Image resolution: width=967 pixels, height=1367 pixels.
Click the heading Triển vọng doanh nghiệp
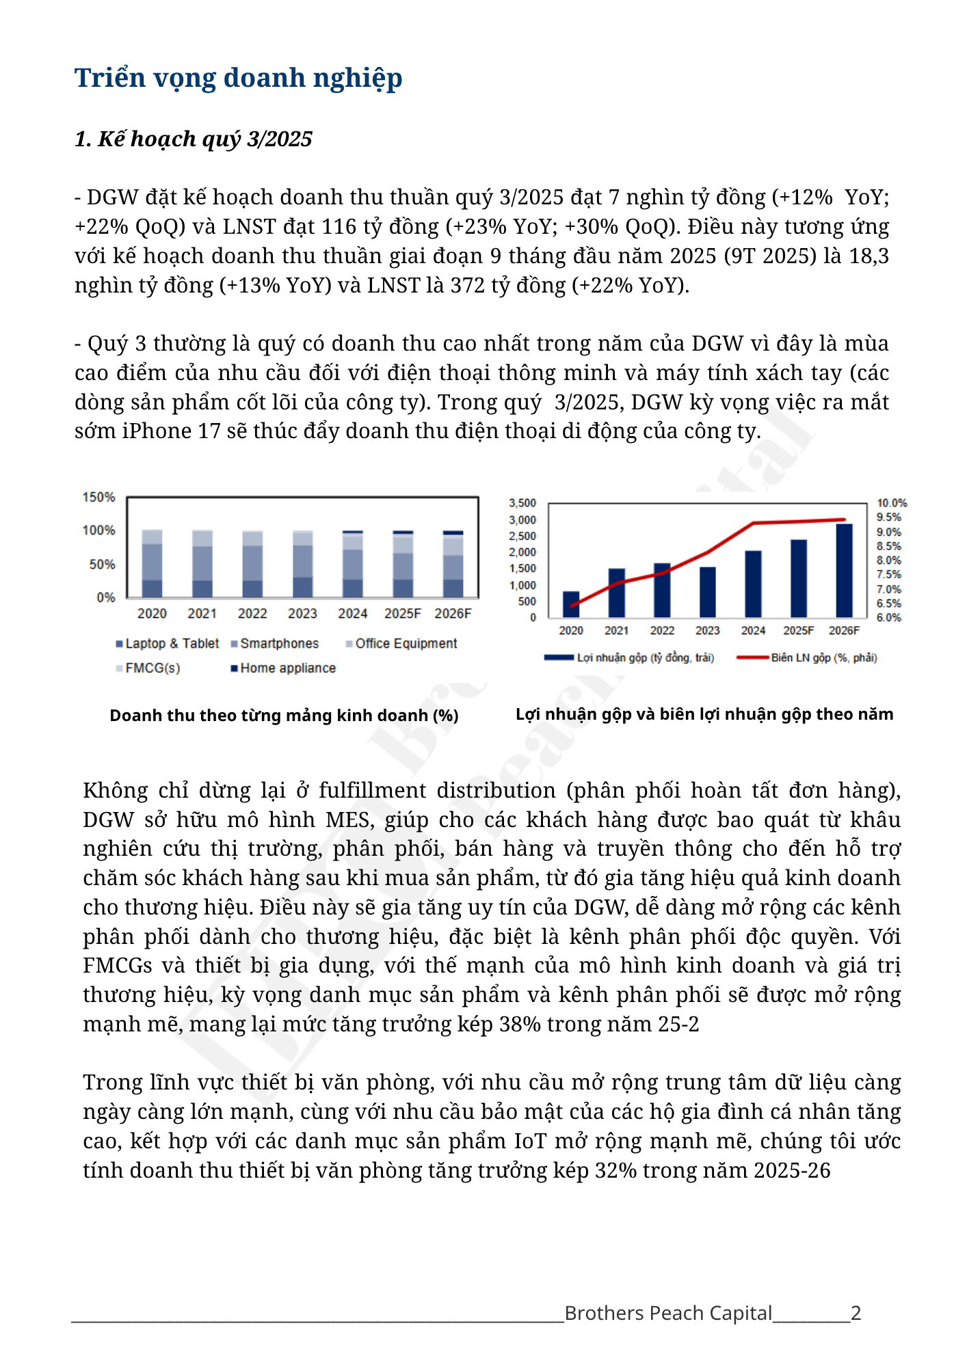(x=238, y=78)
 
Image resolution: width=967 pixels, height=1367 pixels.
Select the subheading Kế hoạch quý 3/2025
(x=194, y=139)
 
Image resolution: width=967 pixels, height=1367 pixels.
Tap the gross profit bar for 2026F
(x=844, y=571)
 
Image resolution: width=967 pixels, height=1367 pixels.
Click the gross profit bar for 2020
(x=571, y=604)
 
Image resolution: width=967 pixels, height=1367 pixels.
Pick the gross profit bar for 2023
(x=708, y=592)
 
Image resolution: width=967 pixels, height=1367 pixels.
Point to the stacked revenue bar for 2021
(x=202, y=564)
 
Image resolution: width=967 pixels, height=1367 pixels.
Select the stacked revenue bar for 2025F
(x=403, y=564)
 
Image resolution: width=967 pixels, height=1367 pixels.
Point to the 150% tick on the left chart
(x=98, y=498)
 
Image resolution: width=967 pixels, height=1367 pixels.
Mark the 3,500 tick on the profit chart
(x=522, y=503)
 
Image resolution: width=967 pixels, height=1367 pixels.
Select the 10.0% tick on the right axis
(x=892, y=503)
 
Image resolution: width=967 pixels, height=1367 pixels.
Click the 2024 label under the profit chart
(x=753, y=630)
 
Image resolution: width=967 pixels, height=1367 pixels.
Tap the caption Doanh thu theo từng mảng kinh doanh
(x=284, y=716)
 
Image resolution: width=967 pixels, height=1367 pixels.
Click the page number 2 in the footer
(x=856, y=1313)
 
